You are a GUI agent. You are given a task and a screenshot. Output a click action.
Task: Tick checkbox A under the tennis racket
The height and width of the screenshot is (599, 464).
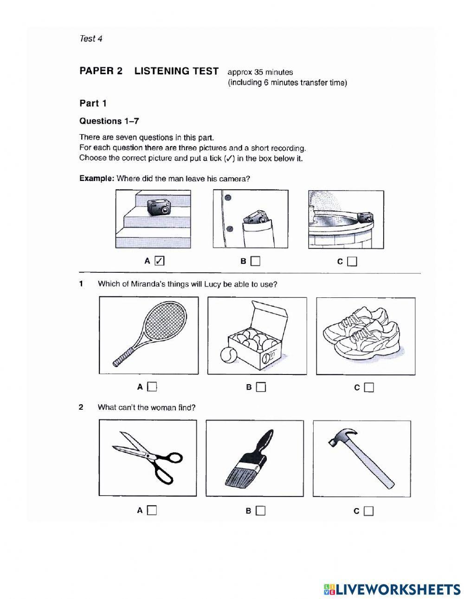coord(152,386)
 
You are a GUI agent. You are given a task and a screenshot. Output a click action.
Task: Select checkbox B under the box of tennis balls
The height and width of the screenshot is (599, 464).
coord(261,386)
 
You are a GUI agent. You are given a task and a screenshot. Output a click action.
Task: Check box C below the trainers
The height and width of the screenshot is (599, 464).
coord(369,387)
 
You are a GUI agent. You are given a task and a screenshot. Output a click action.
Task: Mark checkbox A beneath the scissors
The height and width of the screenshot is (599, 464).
coord(152,510)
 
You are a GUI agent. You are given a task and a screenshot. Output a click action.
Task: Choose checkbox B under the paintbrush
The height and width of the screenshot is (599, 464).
coord(261,510)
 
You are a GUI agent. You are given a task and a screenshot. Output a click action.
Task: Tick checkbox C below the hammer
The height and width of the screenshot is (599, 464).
coord(369,511)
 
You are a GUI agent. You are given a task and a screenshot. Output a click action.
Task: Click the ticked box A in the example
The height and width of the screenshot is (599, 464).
coord(159,261)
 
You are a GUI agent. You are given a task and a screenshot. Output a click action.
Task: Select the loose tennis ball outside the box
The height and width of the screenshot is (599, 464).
coord(228,355)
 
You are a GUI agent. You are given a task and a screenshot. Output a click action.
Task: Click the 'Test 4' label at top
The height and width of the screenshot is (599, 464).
coord(90,39)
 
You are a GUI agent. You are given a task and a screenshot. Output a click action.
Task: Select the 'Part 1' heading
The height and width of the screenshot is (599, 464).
coord(93,103)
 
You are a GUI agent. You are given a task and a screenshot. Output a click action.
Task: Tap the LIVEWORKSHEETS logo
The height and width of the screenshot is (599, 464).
coord(392,589)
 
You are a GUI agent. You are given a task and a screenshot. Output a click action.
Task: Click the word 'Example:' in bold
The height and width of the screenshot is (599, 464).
coord(97,179)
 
